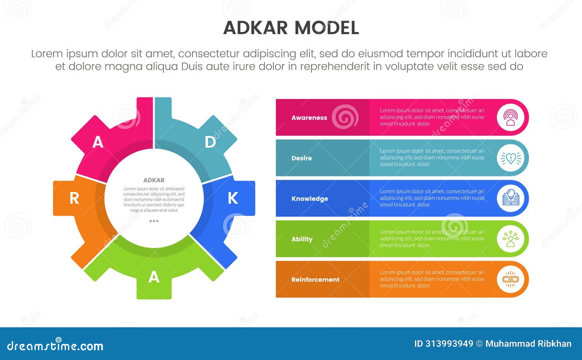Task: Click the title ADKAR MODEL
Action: [291, 28]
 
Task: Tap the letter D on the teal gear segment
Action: [210, 142]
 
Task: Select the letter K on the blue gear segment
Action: [233, 198]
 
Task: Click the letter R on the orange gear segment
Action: [74, 199]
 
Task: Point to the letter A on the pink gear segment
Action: [97, 142]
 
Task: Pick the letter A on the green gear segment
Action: [154, 277]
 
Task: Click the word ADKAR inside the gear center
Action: [154, 180]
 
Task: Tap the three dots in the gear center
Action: [154, 221]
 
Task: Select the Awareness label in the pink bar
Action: [309, 118]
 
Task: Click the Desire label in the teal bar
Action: [302, 158]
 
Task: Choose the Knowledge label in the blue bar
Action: [310, 199]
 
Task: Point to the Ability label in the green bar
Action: [302, 239]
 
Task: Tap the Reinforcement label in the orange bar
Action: [315, 280]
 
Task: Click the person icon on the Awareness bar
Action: [511, 118]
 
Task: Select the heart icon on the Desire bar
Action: [511, 158]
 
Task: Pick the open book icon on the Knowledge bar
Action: [511, 199]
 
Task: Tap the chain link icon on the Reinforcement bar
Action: [511, 279]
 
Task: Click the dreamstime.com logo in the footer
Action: [55, 345]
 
